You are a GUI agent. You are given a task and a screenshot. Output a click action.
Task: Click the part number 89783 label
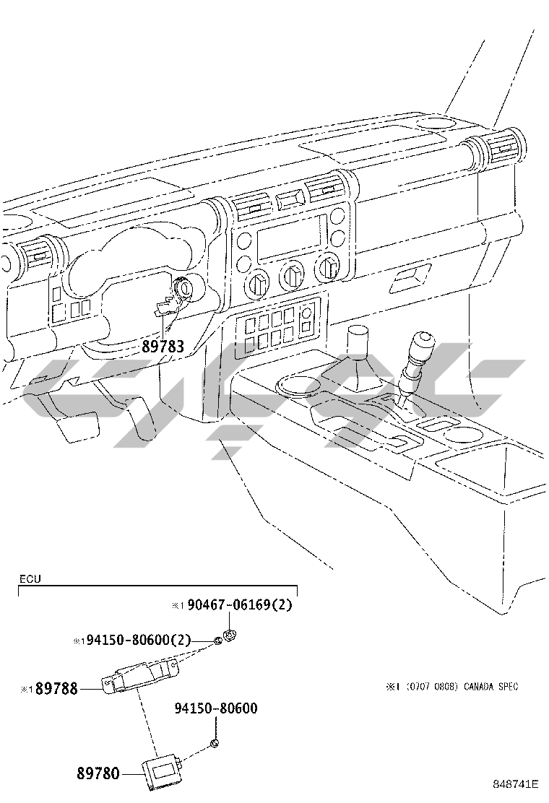pos(163,347)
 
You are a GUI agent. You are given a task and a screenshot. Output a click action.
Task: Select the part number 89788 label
pos(57,689)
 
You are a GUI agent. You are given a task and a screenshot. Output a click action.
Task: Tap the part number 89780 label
pos(98,773)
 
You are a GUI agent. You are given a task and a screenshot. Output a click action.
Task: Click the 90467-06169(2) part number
pos(240,605)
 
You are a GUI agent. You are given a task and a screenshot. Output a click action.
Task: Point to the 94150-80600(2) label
pos(138,640)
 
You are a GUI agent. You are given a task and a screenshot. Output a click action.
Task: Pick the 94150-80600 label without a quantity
pos(216,708)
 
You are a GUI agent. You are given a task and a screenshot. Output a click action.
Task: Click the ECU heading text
pos(30,579)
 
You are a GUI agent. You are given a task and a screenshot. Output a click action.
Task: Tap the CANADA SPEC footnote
pos(490,686)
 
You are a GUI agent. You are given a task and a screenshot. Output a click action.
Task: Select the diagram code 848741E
pos(516,784)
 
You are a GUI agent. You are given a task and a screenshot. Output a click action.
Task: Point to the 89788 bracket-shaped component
pos(140,677)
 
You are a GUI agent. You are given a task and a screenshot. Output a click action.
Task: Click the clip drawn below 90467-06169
pos(230,635)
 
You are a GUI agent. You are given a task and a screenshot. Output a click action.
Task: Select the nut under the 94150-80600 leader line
pos(215,744)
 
